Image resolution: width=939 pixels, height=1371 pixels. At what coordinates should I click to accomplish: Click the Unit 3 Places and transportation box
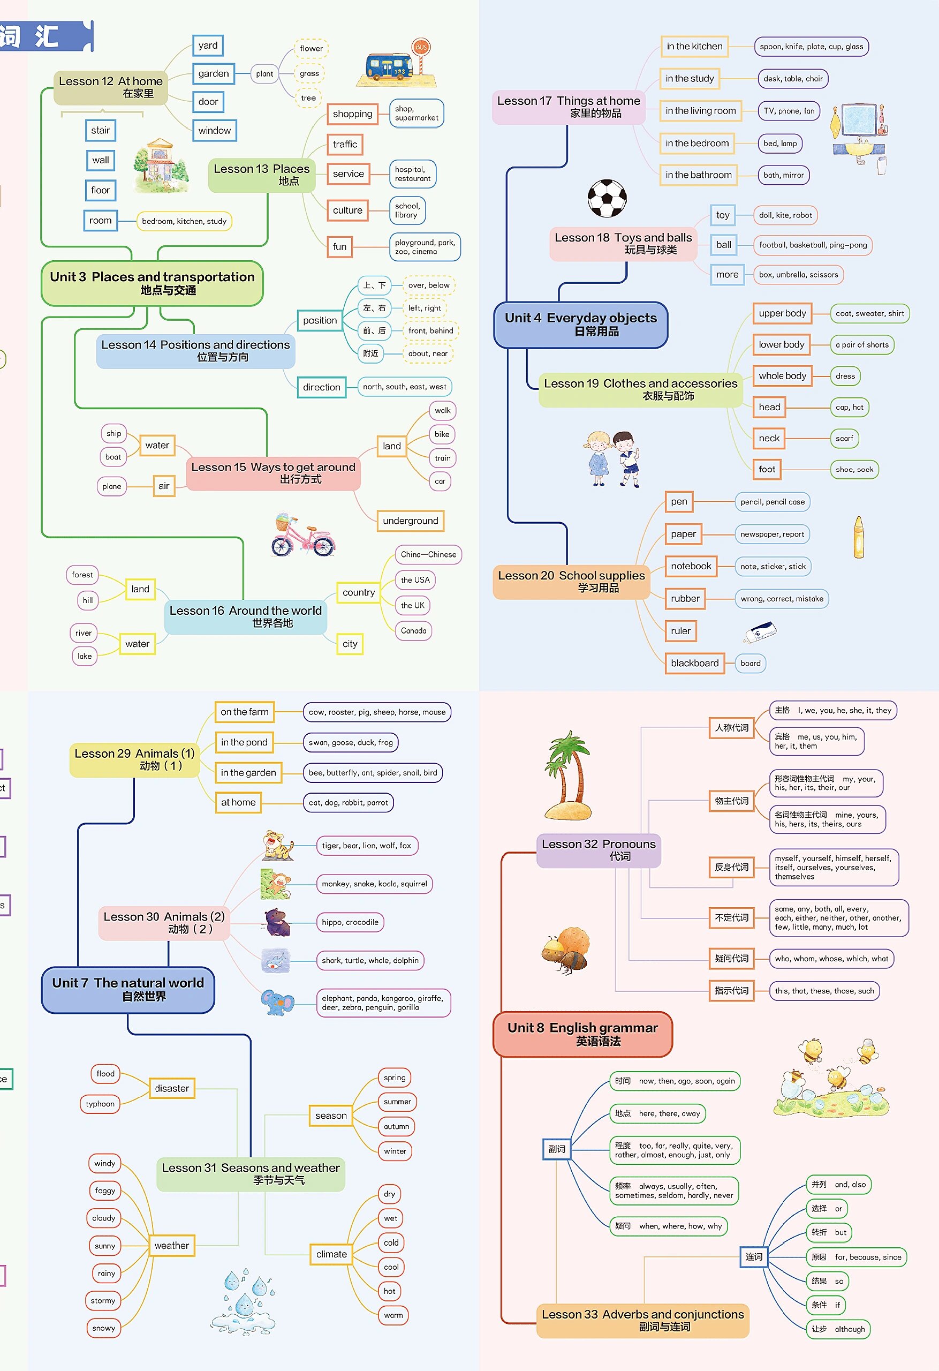[x=152, y=283]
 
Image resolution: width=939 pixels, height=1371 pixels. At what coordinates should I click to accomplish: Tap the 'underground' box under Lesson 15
[x=410, y=521]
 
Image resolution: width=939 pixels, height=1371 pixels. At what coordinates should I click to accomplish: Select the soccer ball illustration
[x=607, y=198]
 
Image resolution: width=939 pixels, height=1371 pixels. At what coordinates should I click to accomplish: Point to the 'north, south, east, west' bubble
[x=404, y=387]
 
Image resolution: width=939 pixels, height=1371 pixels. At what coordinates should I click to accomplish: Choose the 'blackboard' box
[x=694, y=663]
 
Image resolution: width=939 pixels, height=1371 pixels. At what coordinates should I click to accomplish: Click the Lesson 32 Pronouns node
[x=598, y=850]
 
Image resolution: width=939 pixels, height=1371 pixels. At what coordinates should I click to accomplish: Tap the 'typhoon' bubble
[x=100, y=1104]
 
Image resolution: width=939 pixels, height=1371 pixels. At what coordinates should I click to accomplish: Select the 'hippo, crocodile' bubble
[x=350, y=922]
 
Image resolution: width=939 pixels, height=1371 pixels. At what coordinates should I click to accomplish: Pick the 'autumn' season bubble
[x=396, y=1126]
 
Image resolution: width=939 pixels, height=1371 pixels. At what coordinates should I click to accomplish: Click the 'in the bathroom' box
[x=698, y=175]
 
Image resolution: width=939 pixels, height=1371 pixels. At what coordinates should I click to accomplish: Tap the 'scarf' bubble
[x=844, y=438]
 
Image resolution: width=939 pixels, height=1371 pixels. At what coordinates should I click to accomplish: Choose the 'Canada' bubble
[x=413, y=631]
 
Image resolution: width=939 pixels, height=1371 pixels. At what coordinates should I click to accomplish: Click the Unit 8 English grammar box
[x=582, y=1034]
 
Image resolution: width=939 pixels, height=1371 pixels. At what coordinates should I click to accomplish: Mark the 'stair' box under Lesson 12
[x=100, y=130]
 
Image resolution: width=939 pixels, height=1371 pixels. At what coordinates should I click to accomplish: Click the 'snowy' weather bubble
[x=104, y=1328]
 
